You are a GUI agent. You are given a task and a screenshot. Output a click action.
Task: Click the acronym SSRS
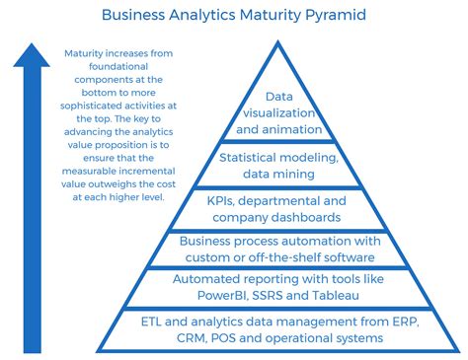pos(297,295)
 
